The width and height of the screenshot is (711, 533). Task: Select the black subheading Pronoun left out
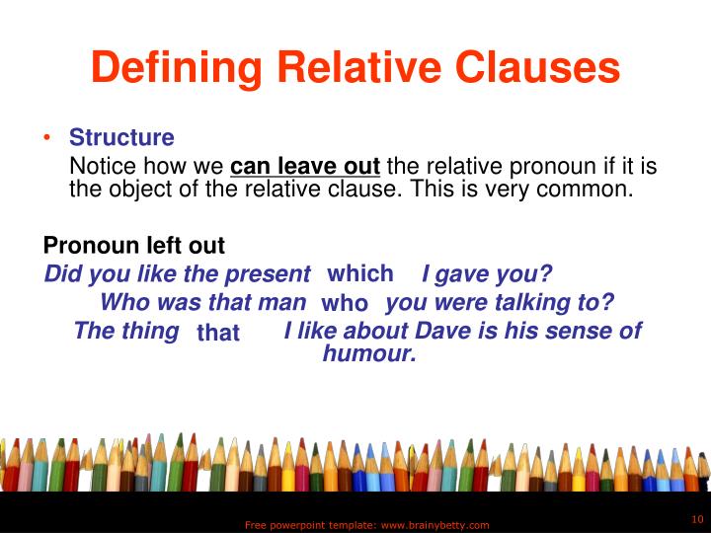(134, 245)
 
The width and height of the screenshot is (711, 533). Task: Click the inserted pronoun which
(360, 273)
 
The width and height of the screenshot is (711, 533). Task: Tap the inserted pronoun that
(218, 334)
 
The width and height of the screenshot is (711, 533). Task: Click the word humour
(369, 354)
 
